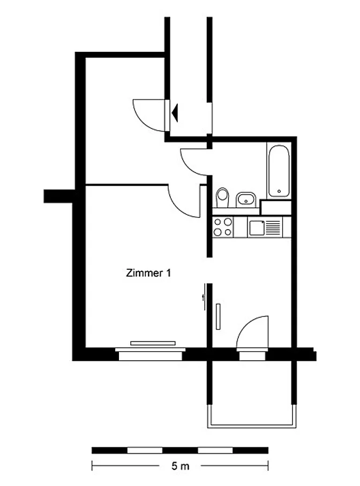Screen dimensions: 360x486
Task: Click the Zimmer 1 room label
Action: tap(148, 273)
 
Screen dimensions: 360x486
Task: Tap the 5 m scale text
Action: tap(180, 466)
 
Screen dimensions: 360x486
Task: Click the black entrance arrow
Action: tap(175, 113)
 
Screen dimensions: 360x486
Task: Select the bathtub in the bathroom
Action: tap(279, 171)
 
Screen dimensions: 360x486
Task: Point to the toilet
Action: tap(222, 197)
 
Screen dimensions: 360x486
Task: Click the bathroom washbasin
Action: tap(246, 200)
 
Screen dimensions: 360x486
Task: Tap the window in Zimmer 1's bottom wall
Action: tap(150, 354)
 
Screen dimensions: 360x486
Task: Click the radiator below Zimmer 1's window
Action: tap(153, 343)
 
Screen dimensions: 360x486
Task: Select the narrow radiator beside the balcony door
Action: tap(218, 316)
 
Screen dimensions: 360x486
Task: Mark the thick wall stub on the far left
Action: tap(59, 196)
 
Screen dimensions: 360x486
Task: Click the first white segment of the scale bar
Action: tap(145, 450)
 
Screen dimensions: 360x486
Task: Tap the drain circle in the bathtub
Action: tap(279, 191)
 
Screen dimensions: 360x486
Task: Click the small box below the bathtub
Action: tap(275, 208)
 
